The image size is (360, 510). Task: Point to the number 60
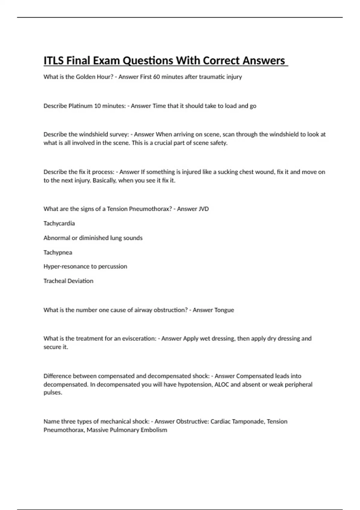(157, 77)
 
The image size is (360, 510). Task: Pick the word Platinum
(80, 106)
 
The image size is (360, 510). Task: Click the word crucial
(165, 143)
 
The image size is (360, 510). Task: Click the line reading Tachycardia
(59, 223)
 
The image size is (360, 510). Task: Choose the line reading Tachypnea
(58, 252)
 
